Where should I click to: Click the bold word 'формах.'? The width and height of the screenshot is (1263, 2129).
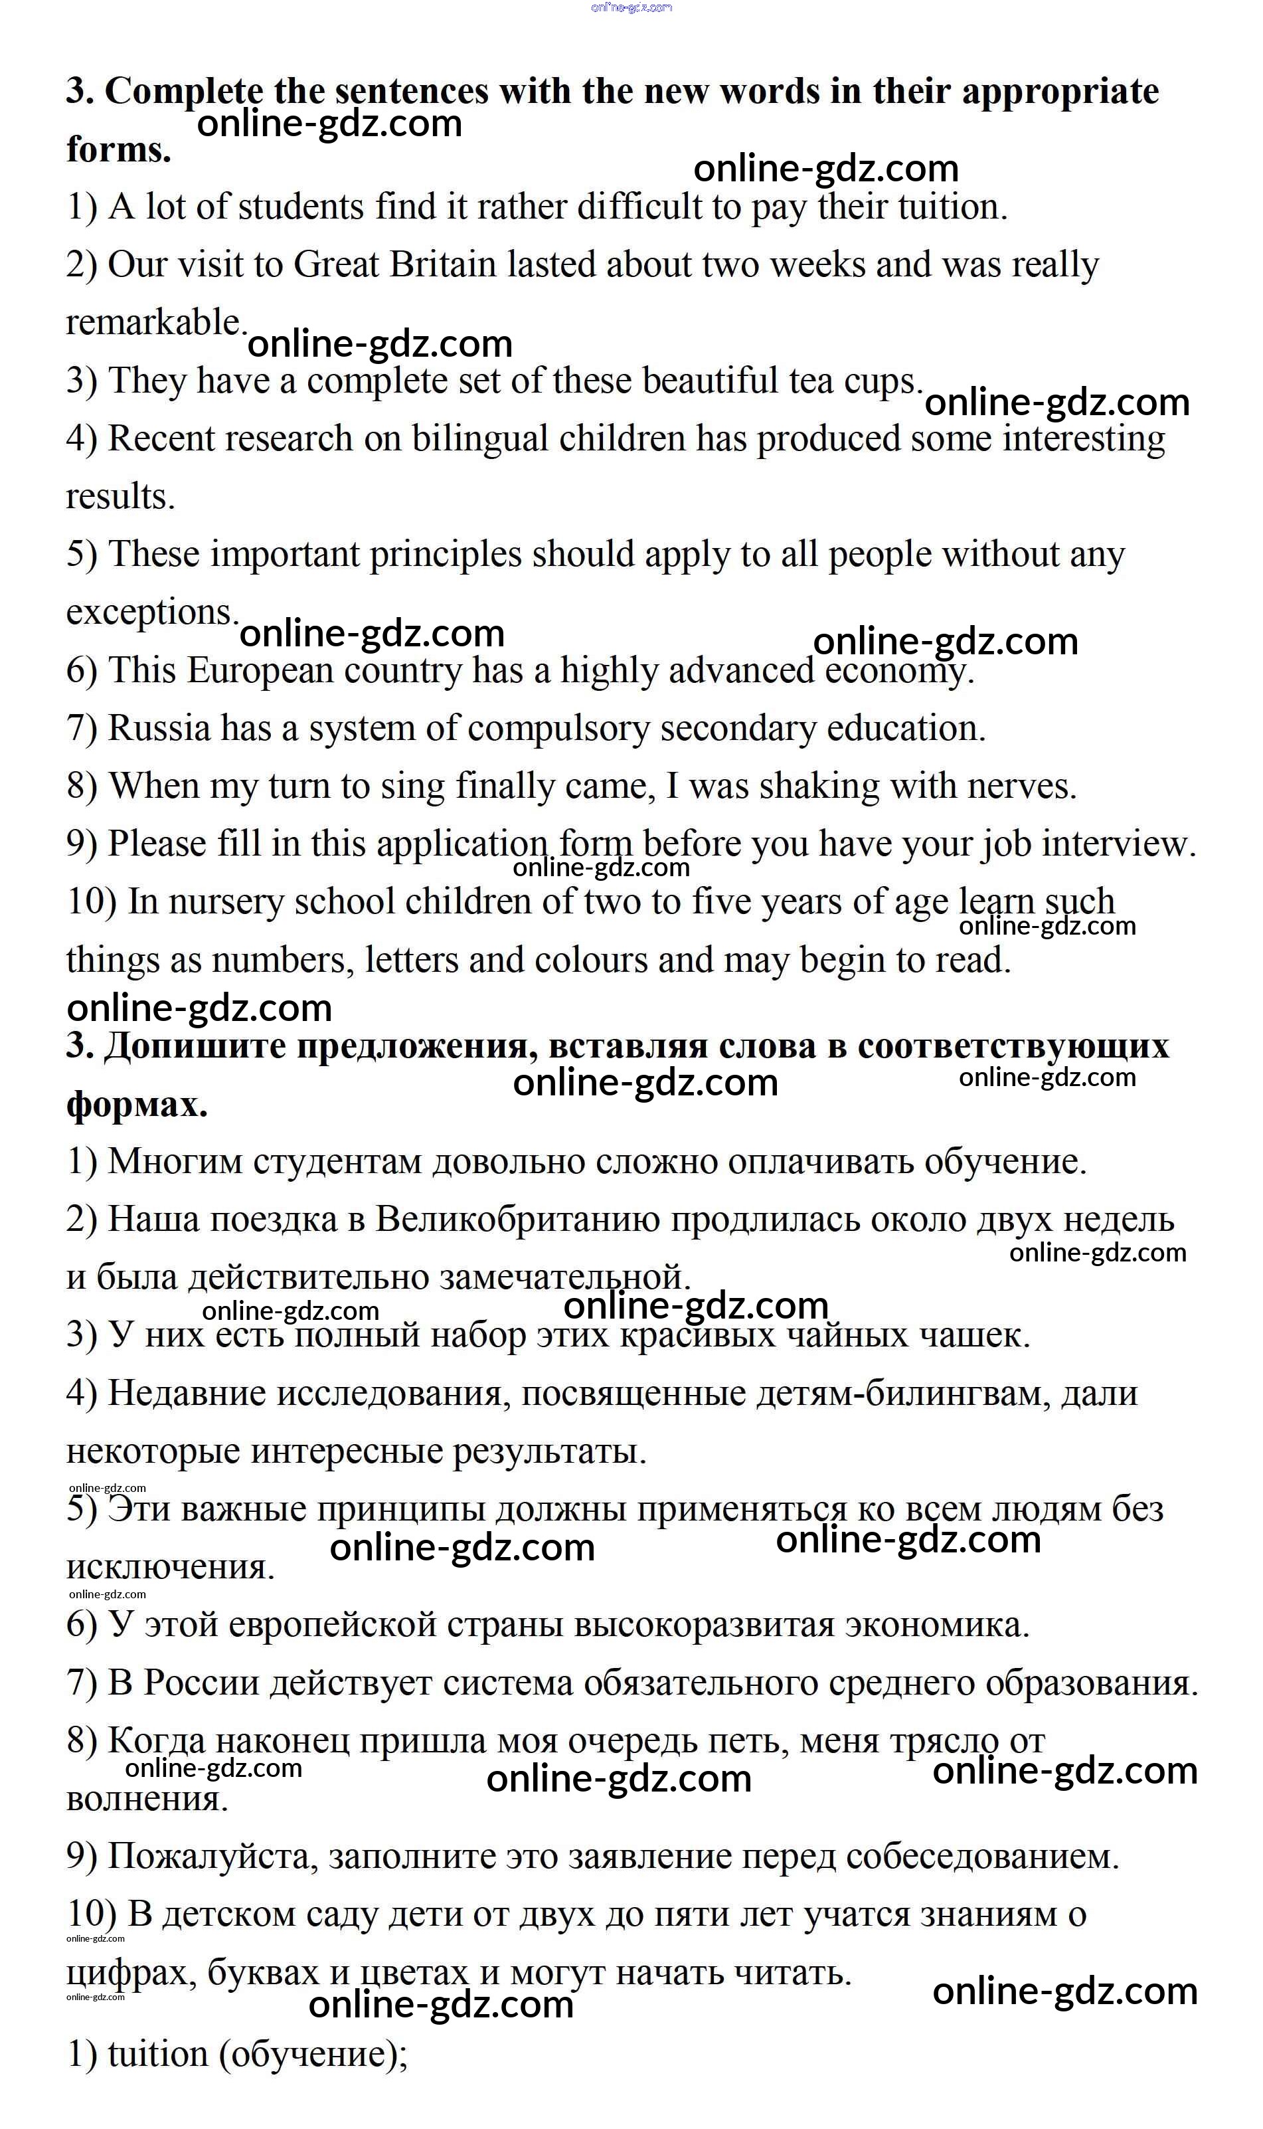[137, 1104]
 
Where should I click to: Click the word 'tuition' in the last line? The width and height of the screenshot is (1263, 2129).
[158, 2054]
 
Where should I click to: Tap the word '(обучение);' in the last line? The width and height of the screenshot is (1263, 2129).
[314, 2054]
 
